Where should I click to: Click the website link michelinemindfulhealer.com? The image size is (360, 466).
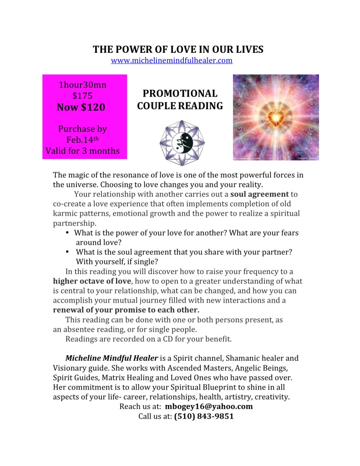tap(172, 61)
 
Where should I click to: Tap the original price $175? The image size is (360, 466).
tap(83, 96)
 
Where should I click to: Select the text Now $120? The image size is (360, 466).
tap(81, 107)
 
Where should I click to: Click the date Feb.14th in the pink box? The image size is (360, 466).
tap(83, 139)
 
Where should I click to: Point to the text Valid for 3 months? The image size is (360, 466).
tap(83, 151)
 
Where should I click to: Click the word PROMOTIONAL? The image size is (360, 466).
tap(180, 94)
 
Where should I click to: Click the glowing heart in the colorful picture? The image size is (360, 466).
tap(276, 117)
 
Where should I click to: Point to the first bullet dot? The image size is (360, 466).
tap(67, 233)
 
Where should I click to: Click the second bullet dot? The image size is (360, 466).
tap(67, 252)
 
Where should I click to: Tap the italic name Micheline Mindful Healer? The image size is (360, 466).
tap(112, 358)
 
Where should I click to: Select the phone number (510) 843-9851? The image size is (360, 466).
tap(204, 416)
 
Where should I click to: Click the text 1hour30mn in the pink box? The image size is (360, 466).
tap(83, 84)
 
